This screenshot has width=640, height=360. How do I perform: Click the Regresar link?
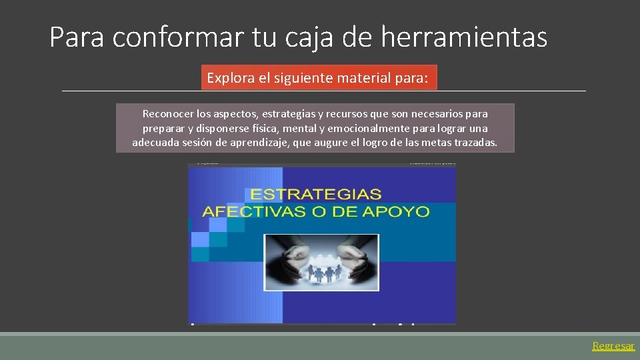click(x=613, y=346)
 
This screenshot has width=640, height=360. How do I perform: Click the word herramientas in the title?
click(x=464, y=37)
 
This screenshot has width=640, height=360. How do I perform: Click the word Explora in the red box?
click(x=230, y=78)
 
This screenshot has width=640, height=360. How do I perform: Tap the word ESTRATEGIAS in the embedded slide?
click(x=315, y=195)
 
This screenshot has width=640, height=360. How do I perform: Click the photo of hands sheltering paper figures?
click(x=321, y=262)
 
